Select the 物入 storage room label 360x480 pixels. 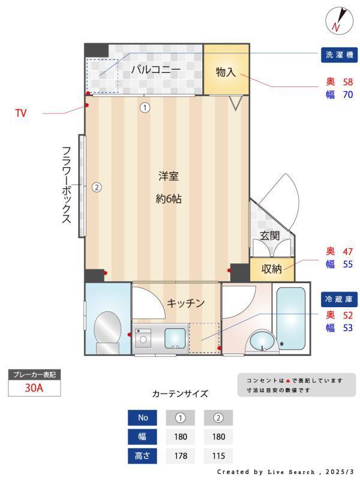pyautogui.click(x=226, y=72)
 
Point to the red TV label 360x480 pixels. pyautogui.click(x=21, y=113)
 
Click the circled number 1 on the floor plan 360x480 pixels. pyautogui.click(x=145, y=108)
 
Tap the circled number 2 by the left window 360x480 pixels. pyautogui.click(x=97, y=187)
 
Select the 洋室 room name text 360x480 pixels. pyautogui.click(x=169, y=176)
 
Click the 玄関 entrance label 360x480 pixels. pyautogui.click(x=270, y=236)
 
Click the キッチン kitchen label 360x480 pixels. pyautogui.click(x=186, y=303)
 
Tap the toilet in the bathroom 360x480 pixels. pyautogui.click(x=107, y=332)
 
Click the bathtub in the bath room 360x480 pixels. pyautogui.click(x=291, y=318)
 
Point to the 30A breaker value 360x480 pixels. pyautogui.click(x=34, y=388)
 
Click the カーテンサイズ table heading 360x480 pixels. pyautogui.click(x=180, y=394)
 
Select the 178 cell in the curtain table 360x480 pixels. pyautogui.click(x=181, y=456)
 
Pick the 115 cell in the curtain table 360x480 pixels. pyautogui.click(x=218, y=456)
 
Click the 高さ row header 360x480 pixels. pyautogui.click(x=143, y=456)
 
